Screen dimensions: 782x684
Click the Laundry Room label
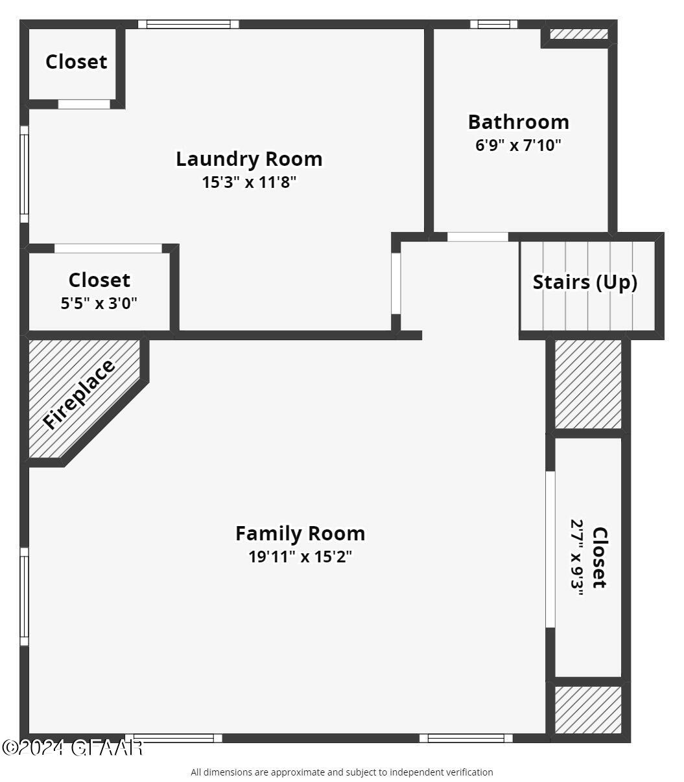tap(249, 159)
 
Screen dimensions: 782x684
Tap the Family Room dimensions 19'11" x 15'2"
tap(300, 557)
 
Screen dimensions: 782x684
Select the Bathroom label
tap(518, 122)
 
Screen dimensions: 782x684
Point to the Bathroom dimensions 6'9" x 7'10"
tap(518, 145)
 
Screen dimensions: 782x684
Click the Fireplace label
tap(79, 394)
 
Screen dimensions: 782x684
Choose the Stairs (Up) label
tap(585, 282)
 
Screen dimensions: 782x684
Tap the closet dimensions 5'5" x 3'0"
tap(99, 303)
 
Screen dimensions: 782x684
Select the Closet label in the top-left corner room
tap(76, 62)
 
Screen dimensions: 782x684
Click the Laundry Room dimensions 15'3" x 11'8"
tap(249, 182)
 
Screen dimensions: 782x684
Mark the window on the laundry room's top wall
tap(189, 25)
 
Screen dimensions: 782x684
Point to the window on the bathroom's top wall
tap(494, 25)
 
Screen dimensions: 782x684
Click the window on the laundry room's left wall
tap(25, 174)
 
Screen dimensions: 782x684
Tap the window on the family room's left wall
tap(25, 597)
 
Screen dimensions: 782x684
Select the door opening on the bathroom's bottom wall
tap(478, 237)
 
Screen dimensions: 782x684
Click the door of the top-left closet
tap(84, 104)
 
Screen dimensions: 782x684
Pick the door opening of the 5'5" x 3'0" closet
tap(108, 249)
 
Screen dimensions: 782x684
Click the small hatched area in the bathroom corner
tap(578, 34)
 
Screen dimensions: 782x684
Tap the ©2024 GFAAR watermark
tap(72, 748)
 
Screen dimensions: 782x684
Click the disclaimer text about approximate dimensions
tap(342, 772)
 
